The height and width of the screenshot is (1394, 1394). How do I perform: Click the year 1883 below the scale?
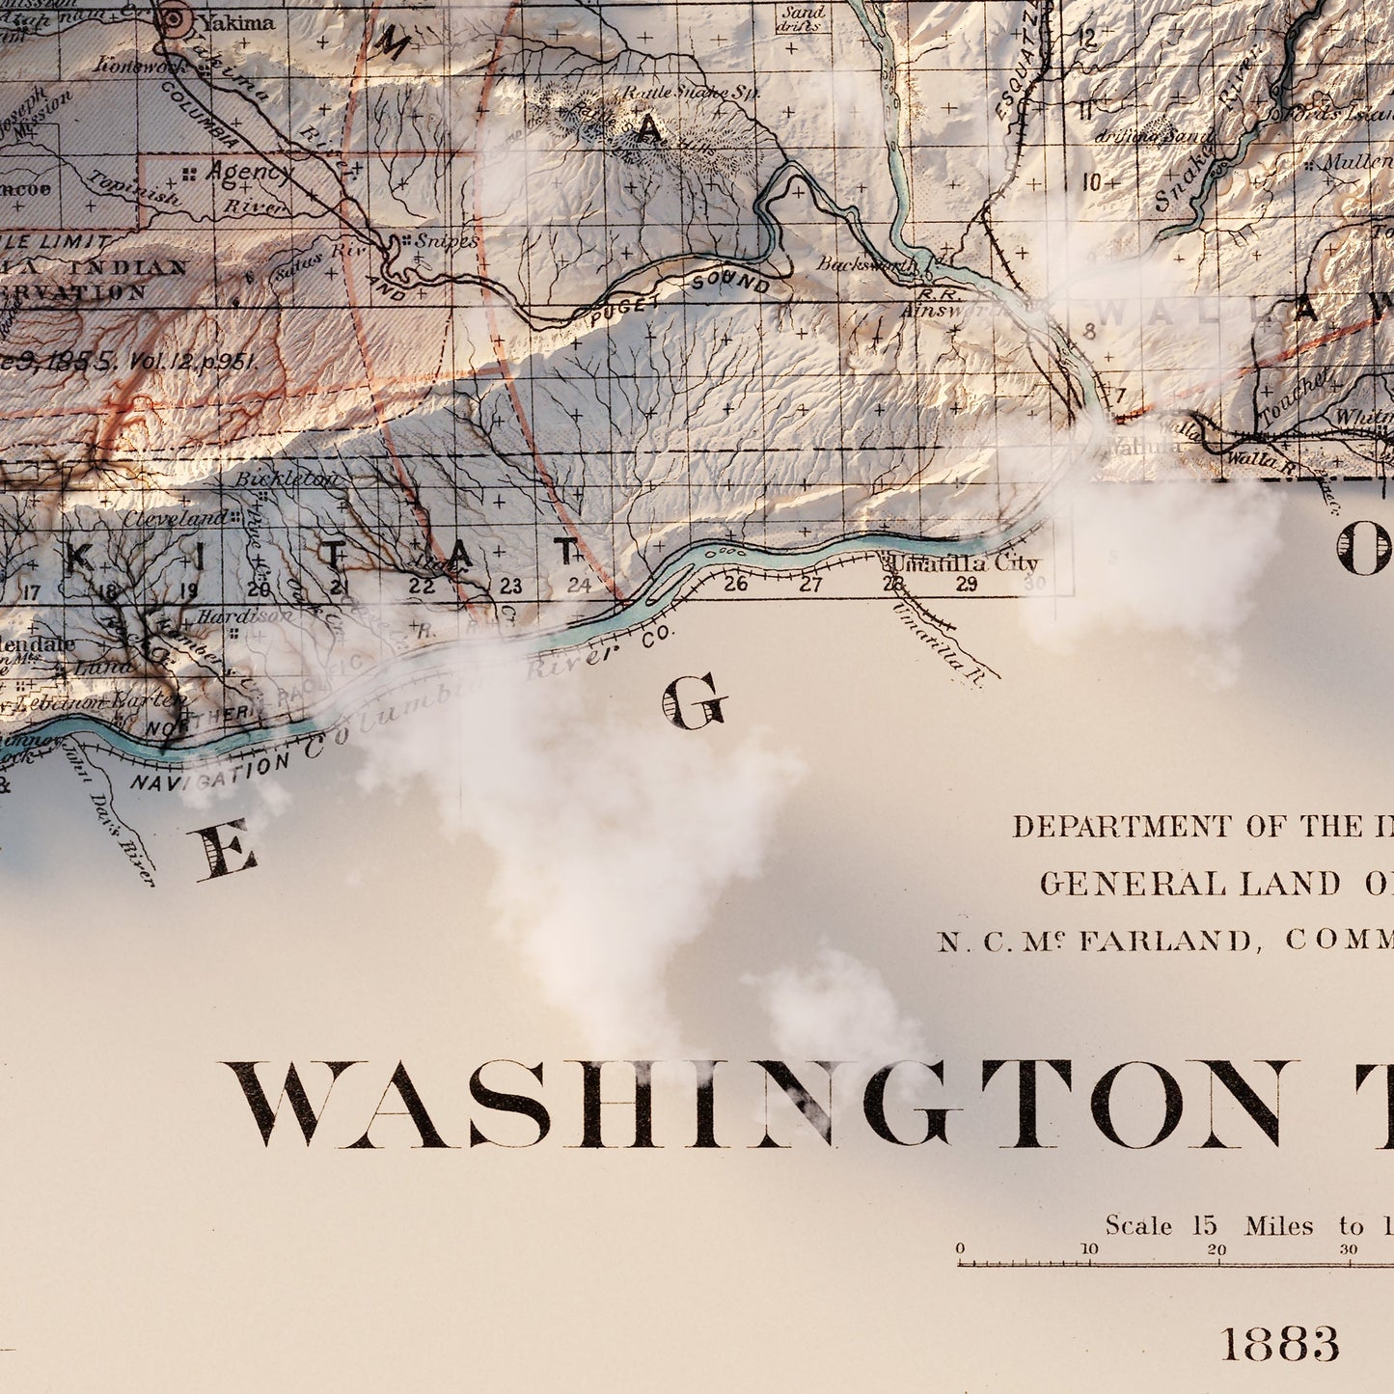point(1279,1343)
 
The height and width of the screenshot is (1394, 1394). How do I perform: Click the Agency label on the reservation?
point(248,173)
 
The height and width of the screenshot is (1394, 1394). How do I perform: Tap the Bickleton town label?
point(287,479)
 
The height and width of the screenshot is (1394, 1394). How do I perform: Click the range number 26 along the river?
point(735,583)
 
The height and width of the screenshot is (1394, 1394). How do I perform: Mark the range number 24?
point(578,585)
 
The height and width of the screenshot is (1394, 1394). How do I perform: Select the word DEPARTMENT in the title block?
point(1121,827)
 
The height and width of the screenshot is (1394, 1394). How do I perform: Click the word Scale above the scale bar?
point(1138,1225)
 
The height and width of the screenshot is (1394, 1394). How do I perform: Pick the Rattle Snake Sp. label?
point(691,93)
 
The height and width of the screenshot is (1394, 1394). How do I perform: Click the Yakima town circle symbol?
point(174,16)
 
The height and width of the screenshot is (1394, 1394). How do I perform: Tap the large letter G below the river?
point(694,701)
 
